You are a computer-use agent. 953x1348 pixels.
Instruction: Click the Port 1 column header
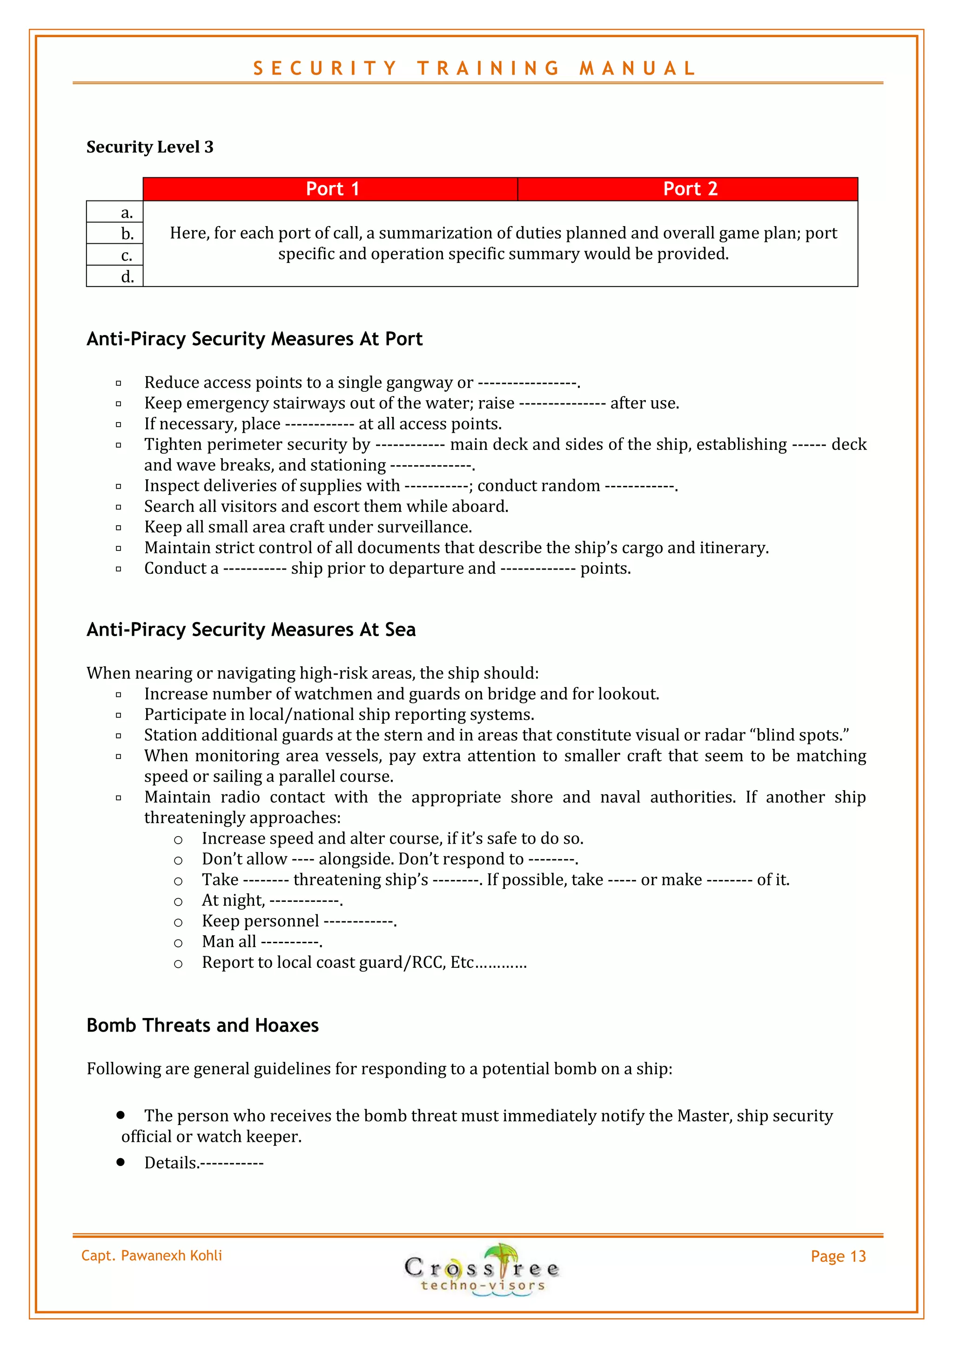(332, 189)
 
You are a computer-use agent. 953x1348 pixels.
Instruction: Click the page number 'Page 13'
(838, 1256)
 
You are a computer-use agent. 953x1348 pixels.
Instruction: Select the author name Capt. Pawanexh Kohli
(152, 1256)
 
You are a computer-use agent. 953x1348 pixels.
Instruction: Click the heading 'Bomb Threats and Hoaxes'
(202, 1025)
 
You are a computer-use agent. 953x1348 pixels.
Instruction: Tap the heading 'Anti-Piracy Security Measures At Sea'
(251, 630)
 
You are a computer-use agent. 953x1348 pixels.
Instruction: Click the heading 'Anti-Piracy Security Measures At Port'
(254, 339)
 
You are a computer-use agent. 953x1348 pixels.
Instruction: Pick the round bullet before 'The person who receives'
(121, 1114)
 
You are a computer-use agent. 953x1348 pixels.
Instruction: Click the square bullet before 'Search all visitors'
(119, 507)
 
